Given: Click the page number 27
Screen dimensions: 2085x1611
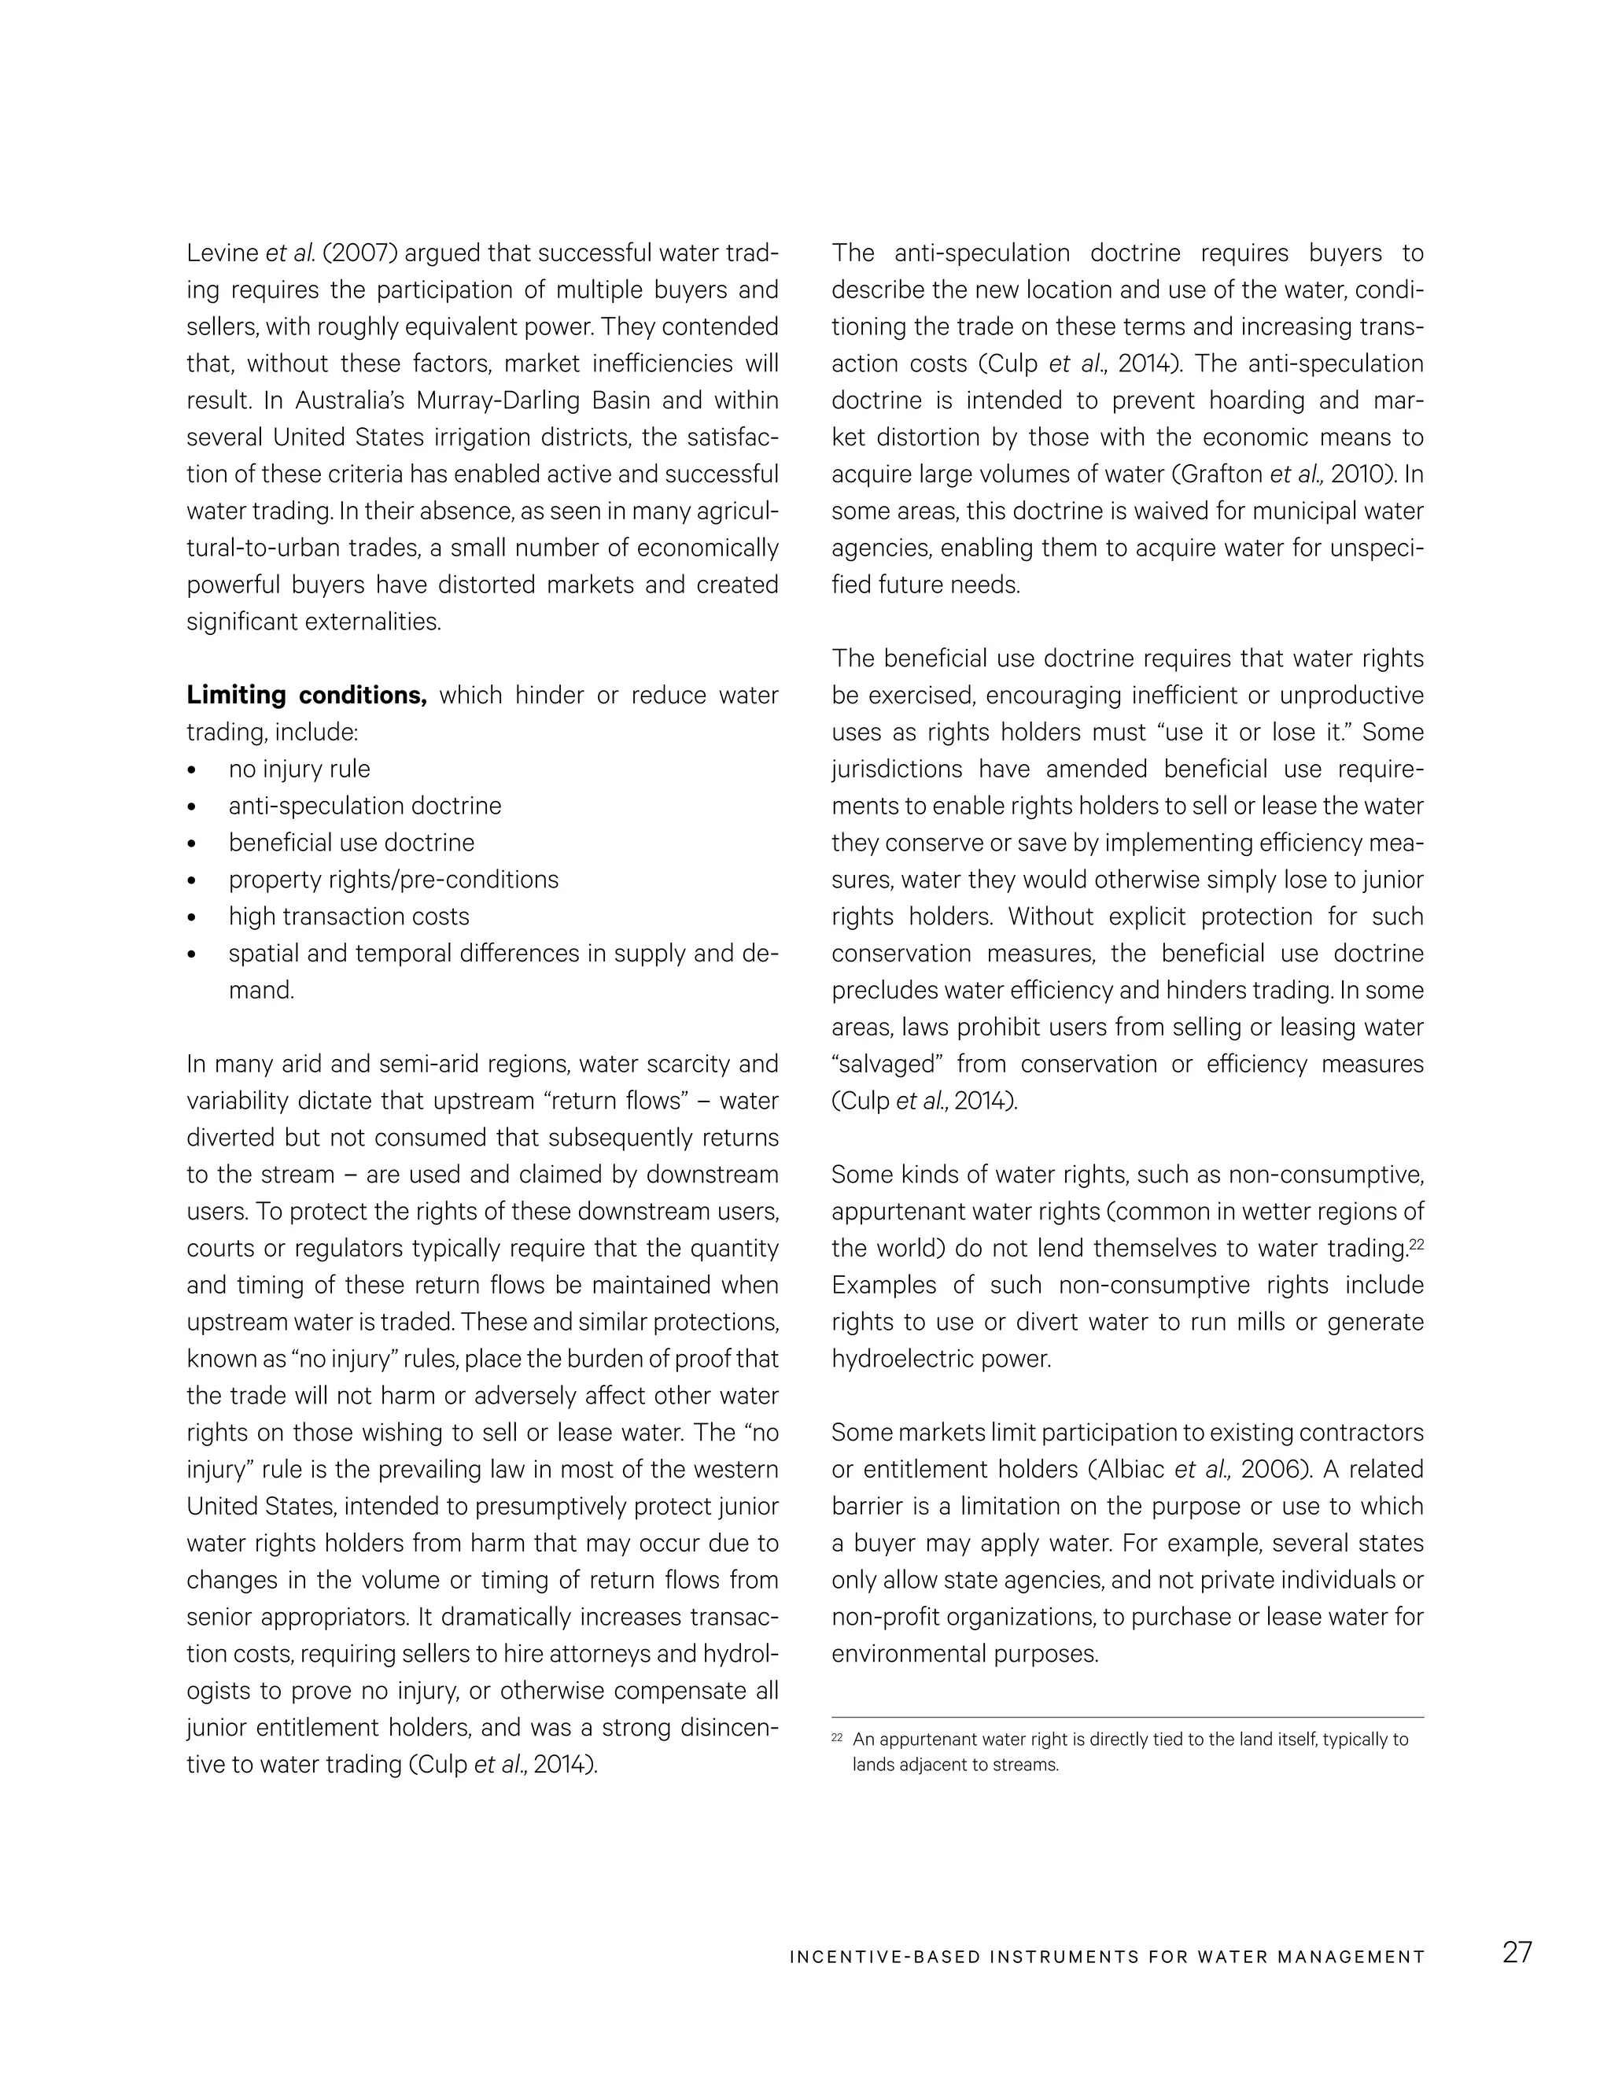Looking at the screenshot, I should point(1517,1951).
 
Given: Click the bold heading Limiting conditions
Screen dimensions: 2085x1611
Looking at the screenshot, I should point(306,695).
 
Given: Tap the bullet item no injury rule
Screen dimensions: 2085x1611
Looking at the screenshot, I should point(299,769).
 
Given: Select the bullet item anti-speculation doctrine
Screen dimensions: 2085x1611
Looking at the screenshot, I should point(364,806).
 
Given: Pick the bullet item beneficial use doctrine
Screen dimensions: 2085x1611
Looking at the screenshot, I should point(351,842).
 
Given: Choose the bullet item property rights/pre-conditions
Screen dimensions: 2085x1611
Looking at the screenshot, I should point(393,880).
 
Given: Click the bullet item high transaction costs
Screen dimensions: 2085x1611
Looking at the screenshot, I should point(348,917).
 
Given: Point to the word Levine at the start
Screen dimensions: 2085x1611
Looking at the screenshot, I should point(221,253).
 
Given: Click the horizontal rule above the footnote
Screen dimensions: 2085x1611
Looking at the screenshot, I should point(1127,1718).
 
